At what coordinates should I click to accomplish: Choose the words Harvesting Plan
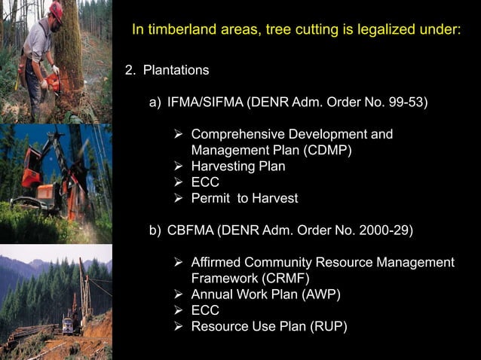[238, 166]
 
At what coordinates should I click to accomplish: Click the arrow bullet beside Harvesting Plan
[179, 166]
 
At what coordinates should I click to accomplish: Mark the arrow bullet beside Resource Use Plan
[179, 326]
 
